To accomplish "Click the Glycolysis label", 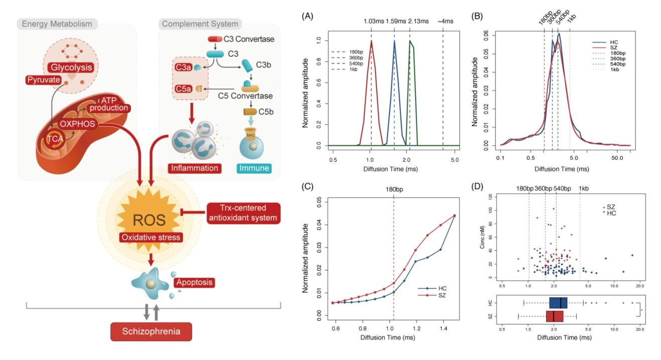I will [66, 67].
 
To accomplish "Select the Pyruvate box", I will [43, 80].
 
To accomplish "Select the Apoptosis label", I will [195, 282].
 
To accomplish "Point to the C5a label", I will [183, 88].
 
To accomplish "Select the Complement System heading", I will [200, 24].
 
